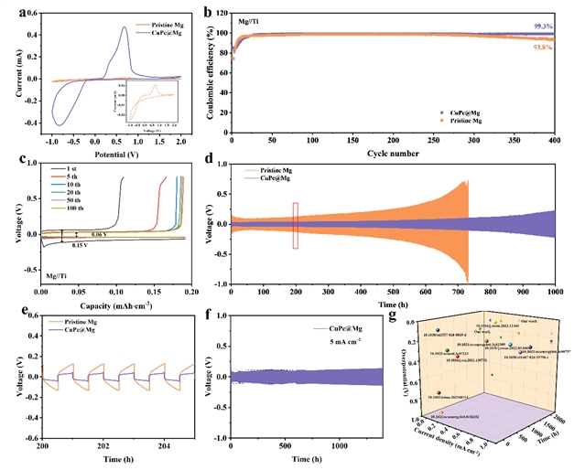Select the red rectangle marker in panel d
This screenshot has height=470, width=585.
point(296,225)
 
